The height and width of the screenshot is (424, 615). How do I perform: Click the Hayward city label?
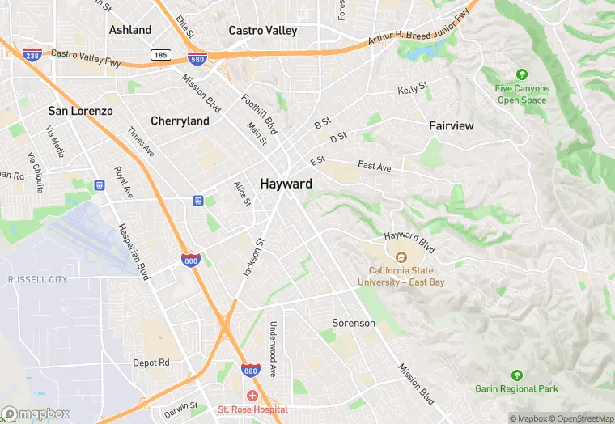click(286, 184)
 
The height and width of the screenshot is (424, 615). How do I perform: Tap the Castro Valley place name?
click(262, 31)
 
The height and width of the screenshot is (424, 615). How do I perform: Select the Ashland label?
click(130, 30)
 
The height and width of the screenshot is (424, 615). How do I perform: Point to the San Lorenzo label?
click(80, 111)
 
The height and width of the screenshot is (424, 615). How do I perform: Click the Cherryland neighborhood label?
click(180, 121)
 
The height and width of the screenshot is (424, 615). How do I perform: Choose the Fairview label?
click(452, 126)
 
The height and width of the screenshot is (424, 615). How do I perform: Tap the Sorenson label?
click(354, 324)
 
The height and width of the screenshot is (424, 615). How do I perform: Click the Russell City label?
click(37, 280)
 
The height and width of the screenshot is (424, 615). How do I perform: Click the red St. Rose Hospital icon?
click(252, 396)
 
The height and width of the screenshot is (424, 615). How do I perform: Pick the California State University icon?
click(401, 257)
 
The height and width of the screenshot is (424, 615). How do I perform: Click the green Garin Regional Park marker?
click(516, 375)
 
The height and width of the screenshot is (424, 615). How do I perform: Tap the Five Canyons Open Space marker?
click(522, 74)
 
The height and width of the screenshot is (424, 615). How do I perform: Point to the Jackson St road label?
click(254, 258)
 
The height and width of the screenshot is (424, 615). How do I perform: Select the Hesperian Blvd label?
click(134, 252)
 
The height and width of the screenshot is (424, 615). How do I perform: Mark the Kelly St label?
click(413, 89)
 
